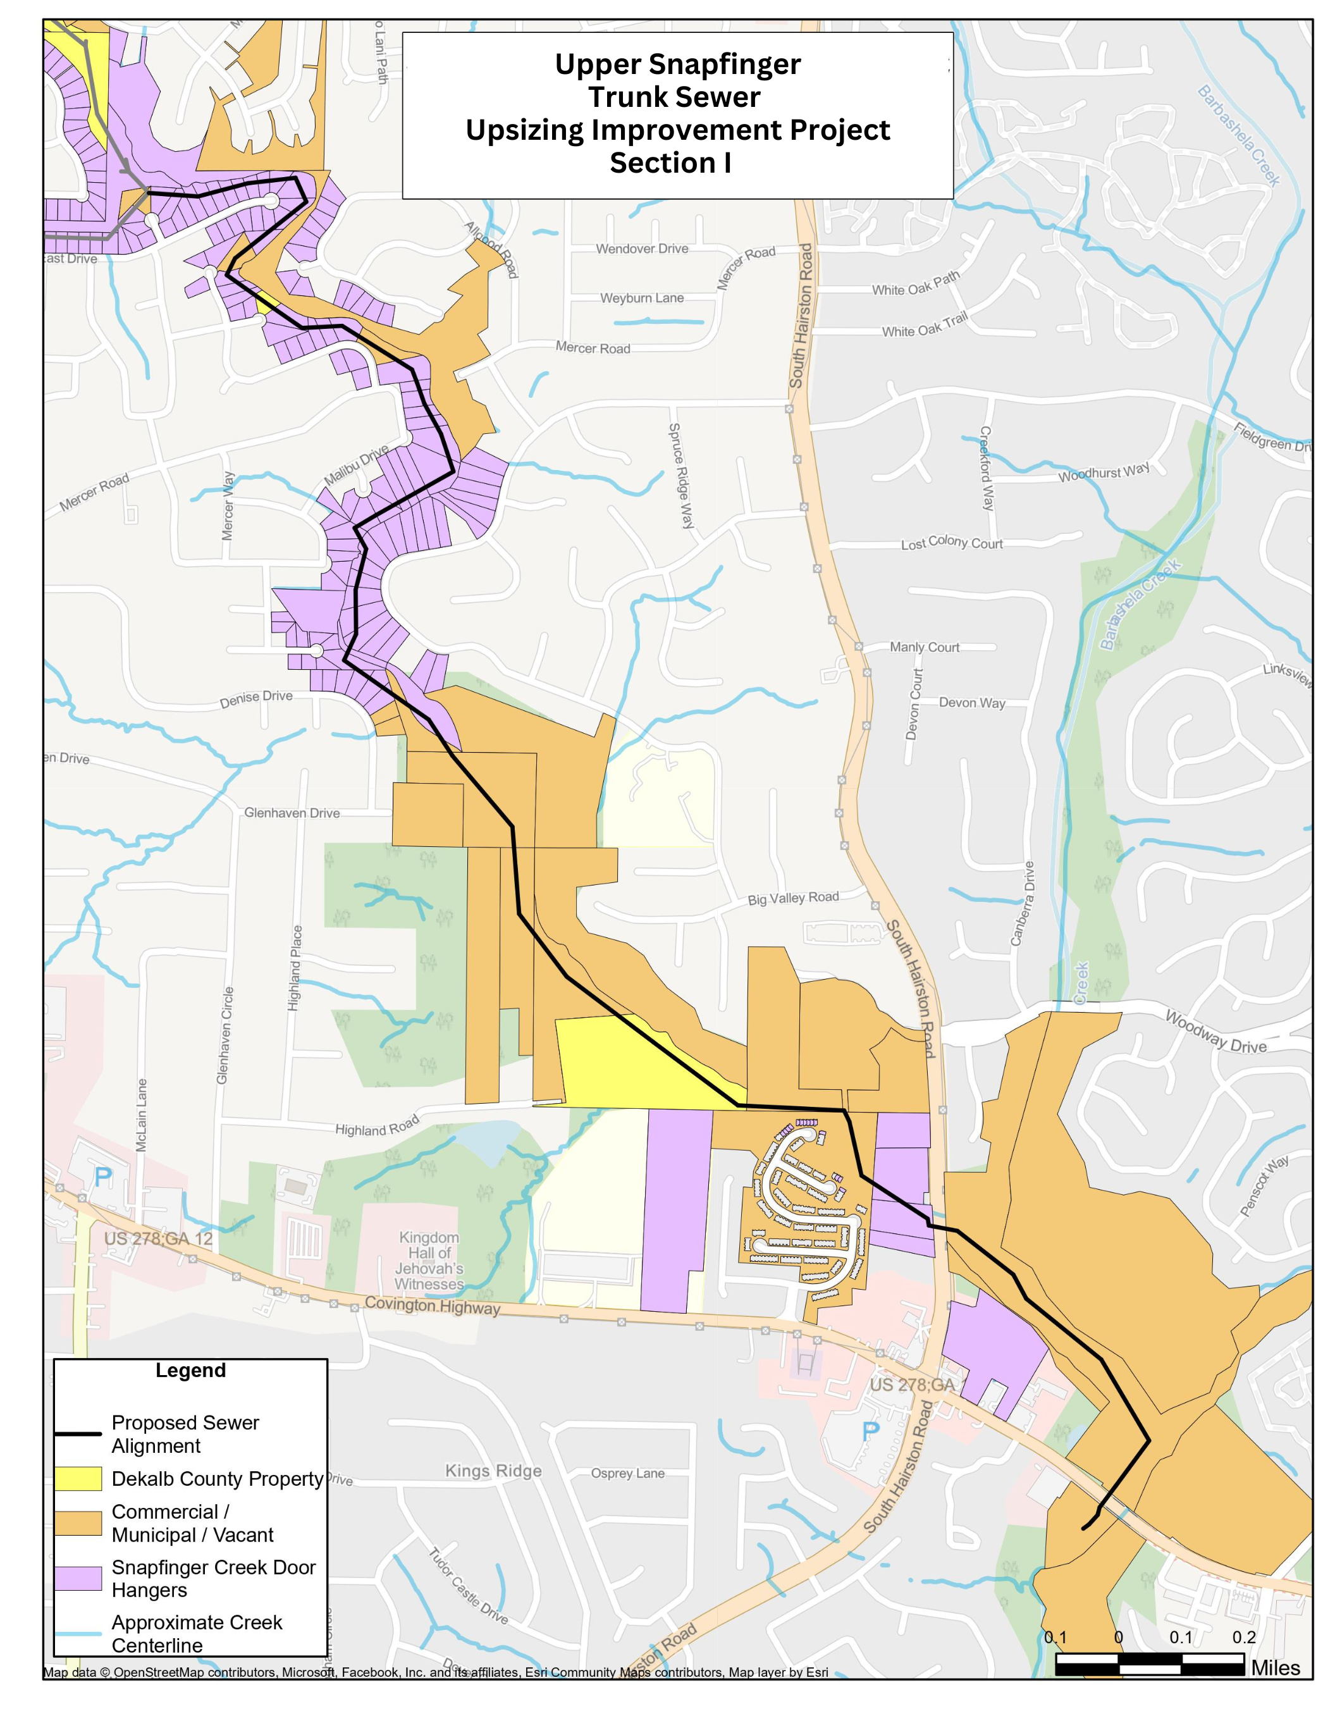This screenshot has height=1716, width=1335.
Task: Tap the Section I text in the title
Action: pyautogui.click(x=670, y=163)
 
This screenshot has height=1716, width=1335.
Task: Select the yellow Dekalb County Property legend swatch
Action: pyautogui.click(x=78, y=1479)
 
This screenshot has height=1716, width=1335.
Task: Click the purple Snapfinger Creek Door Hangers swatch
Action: pyautogui.click(x=78, y=1579)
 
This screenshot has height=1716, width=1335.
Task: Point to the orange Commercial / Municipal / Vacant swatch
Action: pyautogui.click(x=78, y=1524)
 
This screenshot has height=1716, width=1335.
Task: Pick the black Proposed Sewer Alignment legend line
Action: pyautogui.click(x=78, y=1434)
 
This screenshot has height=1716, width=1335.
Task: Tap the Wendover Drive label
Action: pyautogui.click(x=641, y=249)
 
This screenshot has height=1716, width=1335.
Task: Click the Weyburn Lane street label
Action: pyautogui.click(x=641, y=299)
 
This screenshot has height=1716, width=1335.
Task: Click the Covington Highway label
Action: pyautogui.click(x=431, y=1306)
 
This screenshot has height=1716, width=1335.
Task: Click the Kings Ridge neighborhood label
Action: pyautogui.click(x=493, y=1471)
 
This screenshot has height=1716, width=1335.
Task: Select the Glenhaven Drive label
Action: pyautogui.click(x=292, y=813)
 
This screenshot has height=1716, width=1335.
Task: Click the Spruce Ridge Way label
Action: pyautogui.click(x=680, y=476)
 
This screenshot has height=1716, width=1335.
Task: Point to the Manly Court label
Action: pyautogui.click(x=924, y=648)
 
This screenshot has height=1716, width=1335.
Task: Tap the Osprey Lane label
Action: pyautogui.click(x=627, y=1473)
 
